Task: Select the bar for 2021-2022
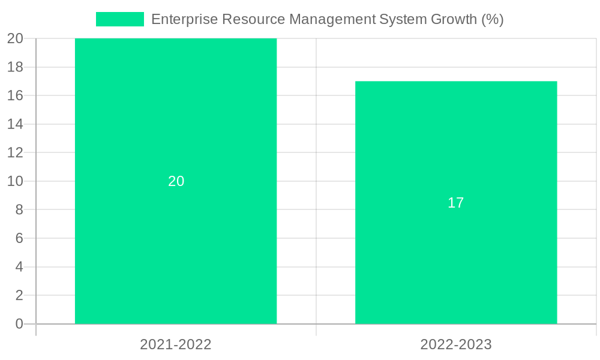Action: tap(176, 240)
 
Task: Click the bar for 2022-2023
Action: tap(456, 252)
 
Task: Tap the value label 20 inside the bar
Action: tap(176, 181)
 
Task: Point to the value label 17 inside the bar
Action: tap(456, 203)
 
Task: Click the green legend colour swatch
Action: tap(120, 19)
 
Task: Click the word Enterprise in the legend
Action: tap(184, 19)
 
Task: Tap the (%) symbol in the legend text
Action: tap(492, 19)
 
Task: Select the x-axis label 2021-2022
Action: tap(176, 344)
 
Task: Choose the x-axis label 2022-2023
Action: tap(456, 344)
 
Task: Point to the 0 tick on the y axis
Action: tap(19, 324)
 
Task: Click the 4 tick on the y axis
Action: tap(19, 267)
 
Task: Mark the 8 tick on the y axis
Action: tap(19, 210)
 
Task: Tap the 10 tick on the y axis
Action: tap(16, 181)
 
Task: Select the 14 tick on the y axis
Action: tap(16, 124)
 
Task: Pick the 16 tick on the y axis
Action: tap(16, 96)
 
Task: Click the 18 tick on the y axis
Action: tap(16, 67)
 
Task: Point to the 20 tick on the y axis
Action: tap(16, 39)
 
